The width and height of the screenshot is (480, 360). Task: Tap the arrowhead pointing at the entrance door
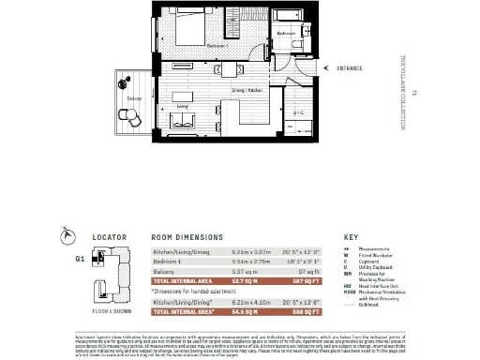316,68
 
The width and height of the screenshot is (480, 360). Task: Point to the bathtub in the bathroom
284,18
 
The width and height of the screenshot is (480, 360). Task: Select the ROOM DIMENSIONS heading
187,238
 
